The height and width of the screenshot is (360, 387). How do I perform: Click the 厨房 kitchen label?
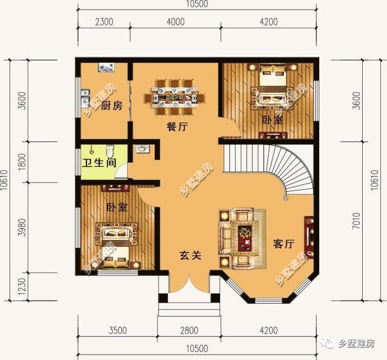[111, 106]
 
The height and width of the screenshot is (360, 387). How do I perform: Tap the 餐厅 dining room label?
[178, 127]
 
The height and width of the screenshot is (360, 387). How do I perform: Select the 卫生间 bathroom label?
[99, 162]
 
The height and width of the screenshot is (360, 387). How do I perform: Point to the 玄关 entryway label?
[189, 256]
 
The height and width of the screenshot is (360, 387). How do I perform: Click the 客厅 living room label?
[282, 244]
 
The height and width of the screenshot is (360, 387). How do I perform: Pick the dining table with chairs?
[172, 96]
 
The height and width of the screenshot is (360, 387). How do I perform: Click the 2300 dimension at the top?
[104, 22]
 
